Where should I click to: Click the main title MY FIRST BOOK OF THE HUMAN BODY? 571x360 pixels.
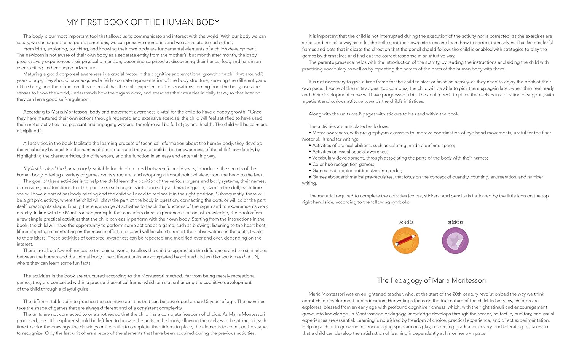tap(143, 22)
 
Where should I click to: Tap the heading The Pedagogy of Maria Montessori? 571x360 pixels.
tap(431, 280)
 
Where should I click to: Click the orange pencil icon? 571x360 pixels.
tap(406, 240)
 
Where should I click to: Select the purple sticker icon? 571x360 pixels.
tap(455, 240)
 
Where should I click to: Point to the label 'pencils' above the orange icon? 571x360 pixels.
tap(406, 222)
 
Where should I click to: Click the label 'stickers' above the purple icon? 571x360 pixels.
tap(455, 222)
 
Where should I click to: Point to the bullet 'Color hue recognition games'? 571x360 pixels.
tap(343, 164)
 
